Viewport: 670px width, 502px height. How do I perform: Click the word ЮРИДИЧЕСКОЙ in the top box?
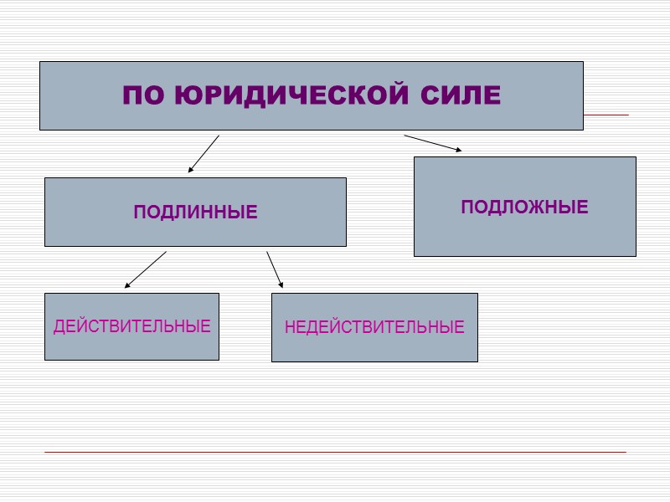[x=299, y=95]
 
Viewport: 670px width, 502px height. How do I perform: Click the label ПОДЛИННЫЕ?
[x=195, y=213]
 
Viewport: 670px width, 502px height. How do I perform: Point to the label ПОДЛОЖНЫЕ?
[x=524, y=207]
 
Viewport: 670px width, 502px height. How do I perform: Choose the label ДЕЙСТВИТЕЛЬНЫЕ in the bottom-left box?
[x=131, y=326]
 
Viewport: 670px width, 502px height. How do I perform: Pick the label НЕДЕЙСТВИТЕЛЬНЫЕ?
[x=374, y=327]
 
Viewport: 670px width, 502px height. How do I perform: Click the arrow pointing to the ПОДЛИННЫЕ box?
[x=204, y=154]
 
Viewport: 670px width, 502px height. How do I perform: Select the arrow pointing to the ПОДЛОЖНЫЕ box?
[x=432, y=143]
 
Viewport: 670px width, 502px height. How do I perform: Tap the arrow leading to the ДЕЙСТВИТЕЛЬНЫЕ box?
[x=146, y=269]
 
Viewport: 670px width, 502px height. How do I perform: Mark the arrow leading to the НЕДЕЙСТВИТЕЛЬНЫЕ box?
[x=275, y=269]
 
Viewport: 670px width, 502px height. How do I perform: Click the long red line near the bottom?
[x=335, y=453]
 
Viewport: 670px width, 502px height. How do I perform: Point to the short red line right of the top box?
[x=606, y=115]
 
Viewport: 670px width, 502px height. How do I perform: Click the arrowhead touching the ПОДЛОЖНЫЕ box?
[x=457, y=151]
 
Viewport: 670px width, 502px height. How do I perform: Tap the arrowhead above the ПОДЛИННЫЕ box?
[x=191, y=170]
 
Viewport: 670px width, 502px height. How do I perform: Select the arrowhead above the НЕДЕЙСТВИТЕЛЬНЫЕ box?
[x=281, y=284]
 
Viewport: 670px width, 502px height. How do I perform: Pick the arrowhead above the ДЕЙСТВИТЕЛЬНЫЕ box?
[x=127, y=285]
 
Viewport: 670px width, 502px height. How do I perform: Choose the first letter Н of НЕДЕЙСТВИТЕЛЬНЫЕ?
[x=290, y=327]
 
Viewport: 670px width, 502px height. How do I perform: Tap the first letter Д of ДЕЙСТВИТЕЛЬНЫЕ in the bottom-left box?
[x=59, y=327]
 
